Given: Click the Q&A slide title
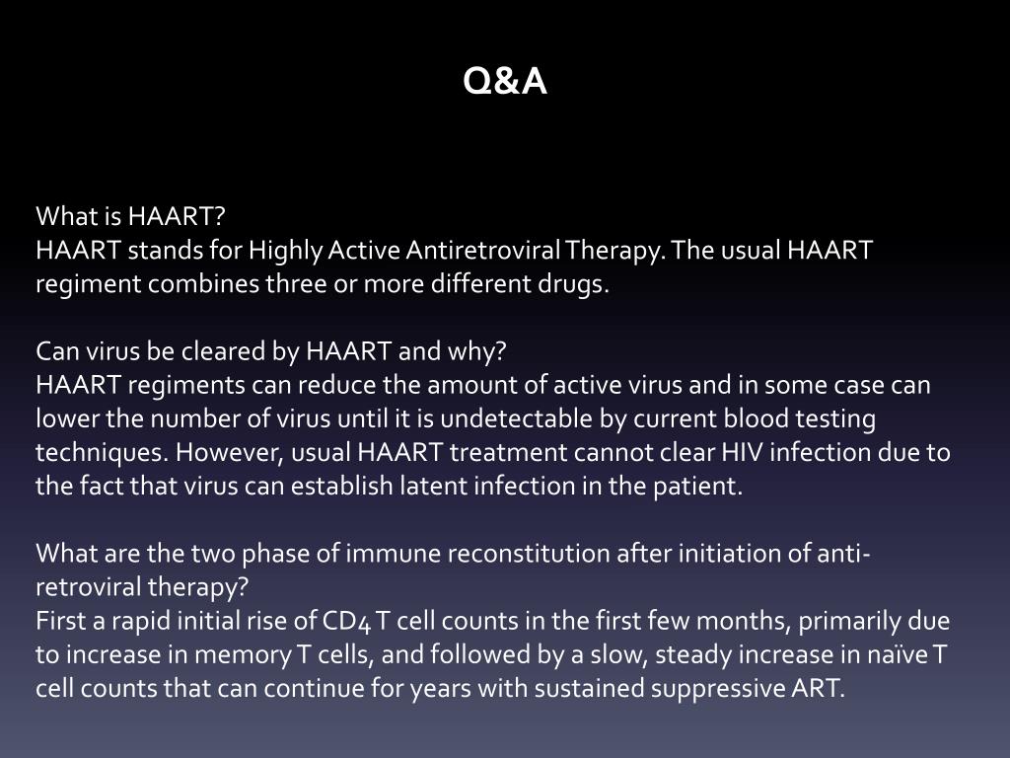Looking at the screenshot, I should coord(505,83).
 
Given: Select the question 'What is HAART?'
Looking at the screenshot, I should coord(131,215).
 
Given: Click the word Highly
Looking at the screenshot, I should coord(282,250).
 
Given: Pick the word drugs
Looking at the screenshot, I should coord(574,284).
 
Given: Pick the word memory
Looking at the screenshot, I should coord(236,656).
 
